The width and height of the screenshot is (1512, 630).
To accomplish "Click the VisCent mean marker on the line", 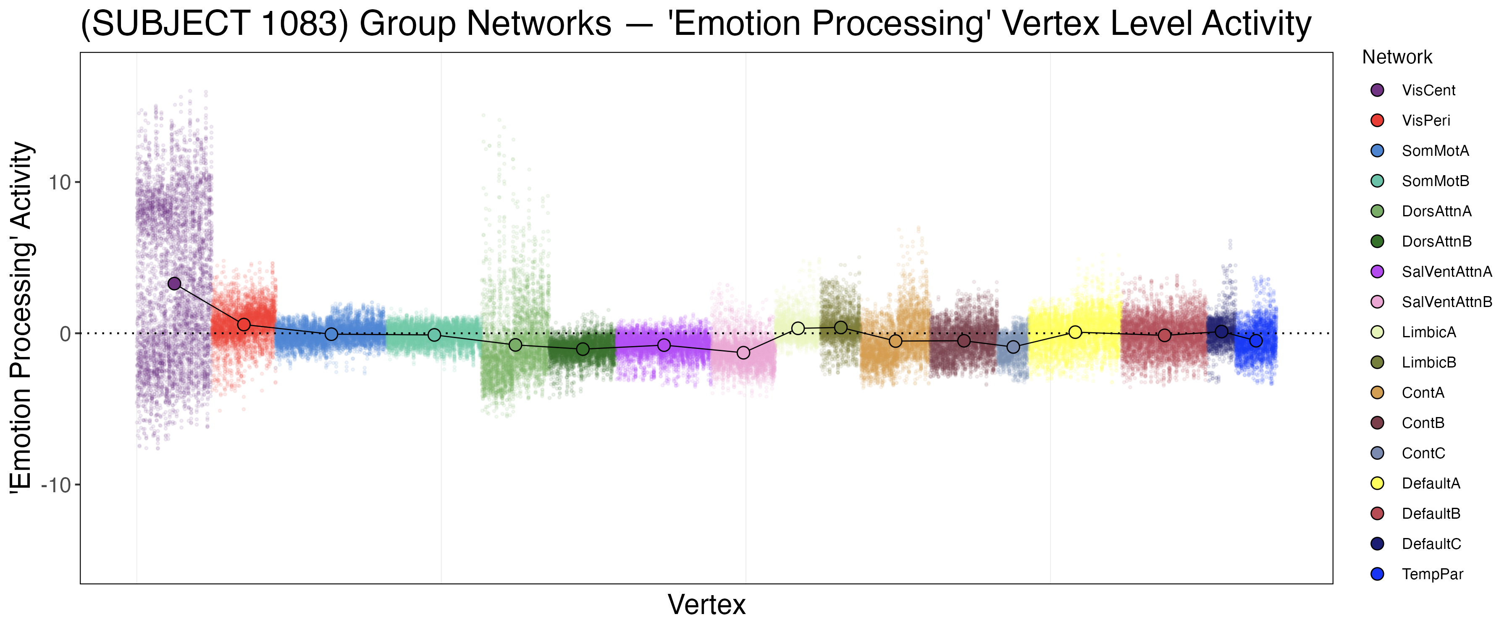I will click(174, 283).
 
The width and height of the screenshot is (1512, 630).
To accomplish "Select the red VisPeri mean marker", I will click(244, 325).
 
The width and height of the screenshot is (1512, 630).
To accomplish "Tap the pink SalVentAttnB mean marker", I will click(743, 353).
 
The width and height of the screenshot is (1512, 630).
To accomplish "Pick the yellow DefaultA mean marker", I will click(1075, 332).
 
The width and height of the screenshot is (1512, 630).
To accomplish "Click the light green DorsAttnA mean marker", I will click(515, 345).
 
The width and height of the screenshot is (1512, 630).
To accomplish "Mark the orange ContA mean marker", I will click(895, 341).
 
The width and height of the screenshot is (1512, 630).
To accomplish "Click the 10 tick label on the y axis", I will click(59, 183).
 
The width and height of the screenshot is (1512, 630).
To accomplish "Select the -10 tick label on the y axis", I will click(56, 486).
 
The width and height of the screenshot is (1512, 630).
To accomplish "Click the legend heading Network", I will click(1397, 58).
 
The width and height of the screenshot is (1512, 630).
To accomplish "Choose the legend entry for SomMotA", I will click(1435, 151).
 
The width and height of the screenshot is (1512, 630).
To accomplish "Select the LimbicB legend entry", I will click(1429, 362).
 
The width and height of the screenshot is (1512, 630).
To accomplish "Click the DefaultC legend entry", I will click(1431, 544).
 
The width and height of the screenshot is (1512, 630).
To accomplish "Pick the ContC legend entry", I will click(1423, 453).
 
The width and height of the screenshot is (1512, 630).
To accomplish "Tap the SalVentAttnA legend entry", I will click(1446, 272).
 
